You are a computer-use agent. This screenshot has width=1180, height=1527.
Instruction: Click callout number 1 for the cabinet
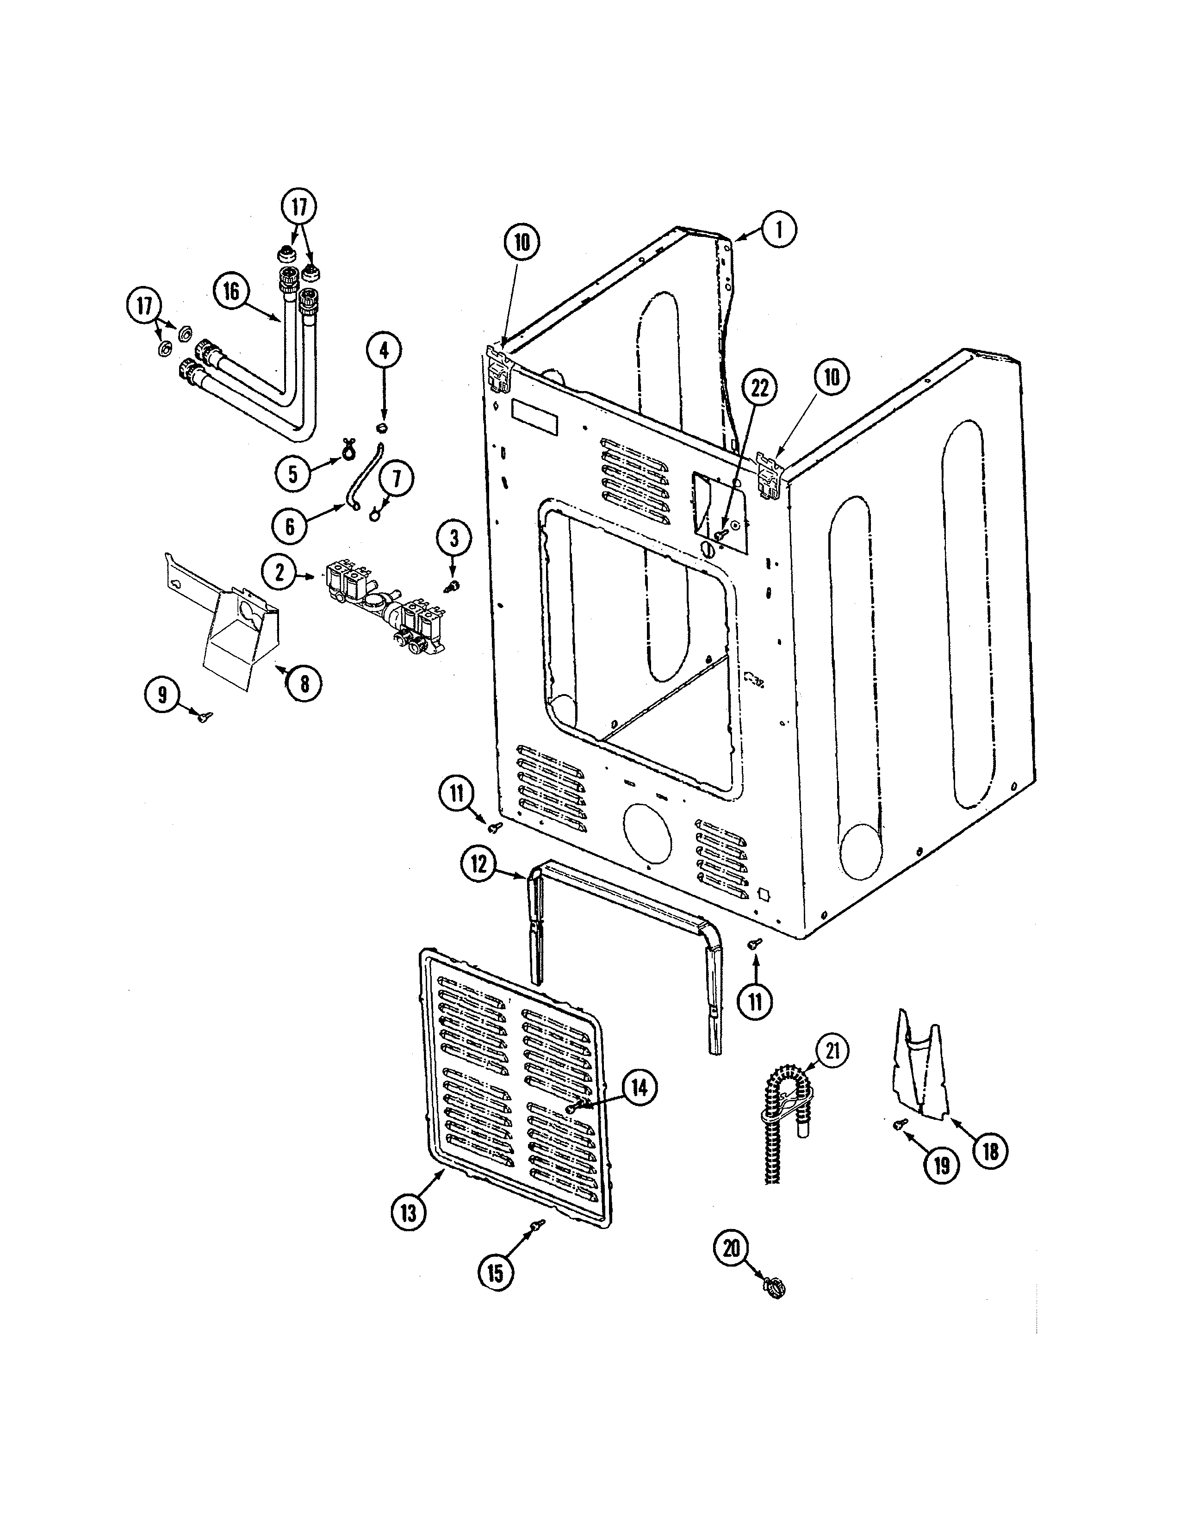point(777,230)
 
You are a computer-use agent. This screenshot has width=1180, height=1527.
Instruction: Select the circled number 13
point(408,1213)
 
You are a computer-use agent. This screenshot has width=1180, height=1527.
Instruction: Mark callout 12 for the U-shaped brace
point(478,864)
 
